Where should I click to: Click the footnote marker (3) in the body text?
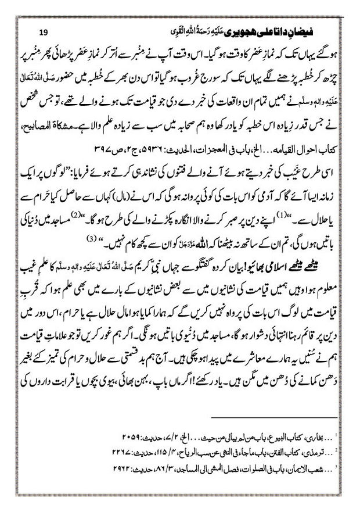click(89, 238)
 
